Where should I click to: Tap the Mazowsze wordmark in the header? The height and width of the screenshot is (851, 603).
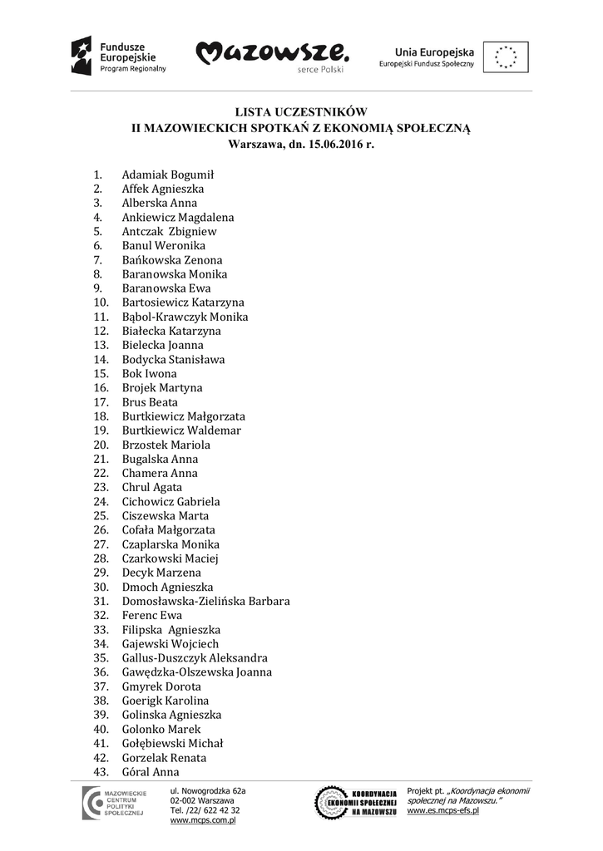pyautogui.click(x=272, y=55)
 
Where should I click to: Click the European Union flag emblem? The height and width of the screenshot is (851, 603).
pyautogui.click(x=506, y=57)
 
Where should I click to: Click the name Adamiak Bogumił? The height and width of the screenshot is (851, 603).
pyautogui.click(x=168, y=175)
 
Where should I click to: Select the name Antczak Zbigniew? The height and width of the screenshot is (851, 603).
pyautogui.click(x=169, y=232)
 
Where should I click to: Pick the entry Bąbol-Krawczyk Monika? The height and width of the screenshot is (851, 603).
pyautogui.click(x=185, y=317)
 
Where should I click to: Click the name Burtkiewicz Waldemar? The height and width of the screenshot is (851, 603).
pyautogui.click(x=181, y=430)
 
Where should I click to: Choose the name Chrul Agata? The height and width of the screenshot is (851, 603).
pyautogui.click(x=152, y=488)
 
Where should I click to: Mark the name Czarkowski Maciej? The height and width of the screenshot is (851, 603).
pyautogui.click(x=171, y=558)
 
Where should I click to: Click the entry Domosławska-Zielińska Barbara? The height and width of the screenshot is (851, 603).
pyautogui.click(x=205, y=601)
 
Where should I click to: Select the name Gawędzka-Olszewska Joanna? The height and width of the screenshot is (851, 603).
pyautogui.click(x=196, y=672)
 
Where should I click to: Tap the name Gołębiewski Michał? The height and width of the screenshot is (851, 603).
pyautogui.click(x=172, y=744)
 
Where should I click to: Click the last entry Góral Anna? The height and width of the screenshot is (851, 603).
pyautogui.click(x=151, y=772)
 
